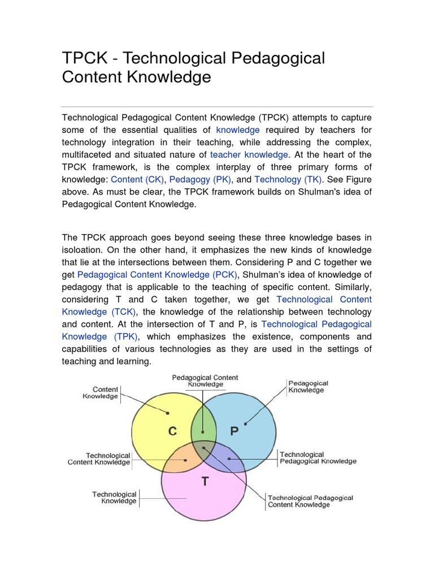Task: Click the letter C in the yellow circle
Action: click(172, 431)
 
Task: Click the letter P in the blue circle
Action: click(235, 431)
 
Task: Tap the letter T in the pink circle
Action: click(205, 482)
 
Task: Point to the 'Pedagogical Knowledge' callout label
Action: click(308, 387)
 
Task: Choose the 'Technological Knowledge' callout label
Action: click(114, 498)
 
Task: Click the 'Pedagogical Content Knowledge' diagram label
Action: click(205, 381)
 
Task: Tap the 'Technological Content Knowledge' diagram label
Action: click(99, 459)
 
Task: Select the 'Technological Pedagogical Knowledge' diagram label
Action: click(318, 457)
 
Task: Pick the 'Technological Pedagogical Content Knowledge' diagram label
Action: click(310, 501)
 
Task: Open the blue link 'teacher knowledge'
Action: click(250, 154)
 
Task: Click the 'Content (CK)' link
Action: click(137, 179)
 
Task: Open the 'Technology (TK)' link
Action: click(288, 179)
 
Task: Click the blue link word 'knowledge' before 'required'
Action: click(238, 129)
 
